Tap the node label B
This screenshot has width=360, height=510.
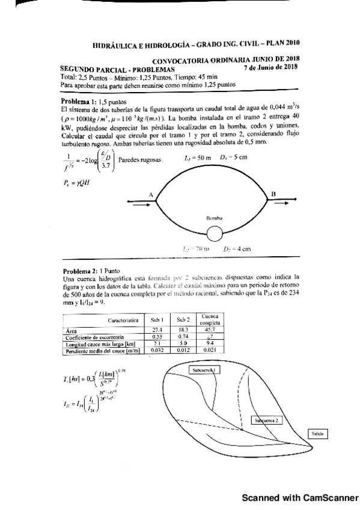tap(273, 194)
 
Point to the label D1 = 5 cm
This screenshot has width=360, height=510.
tap(233, 158)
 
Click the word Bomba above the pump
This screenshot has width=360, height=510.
tap(215, 218)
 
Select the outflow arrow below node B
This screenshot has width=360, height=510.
tap(281, 204)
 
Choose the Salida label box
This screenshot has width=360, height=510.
tap(319, 432)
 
